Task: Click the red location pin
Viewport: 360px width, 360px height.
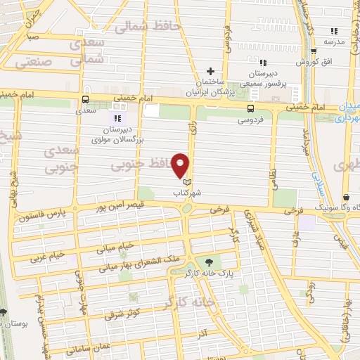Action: point(181,165)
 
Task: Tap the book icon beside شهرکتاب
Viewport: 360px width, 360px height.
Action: point(186,181)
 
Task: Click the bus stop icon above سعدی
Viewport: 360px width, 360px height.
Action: point(85,100)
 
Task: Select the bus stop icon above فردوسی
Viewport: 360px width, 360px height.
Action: point(250,108)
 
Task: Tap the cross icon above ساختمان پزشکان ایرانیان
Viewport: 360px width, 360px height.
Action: point(210,71)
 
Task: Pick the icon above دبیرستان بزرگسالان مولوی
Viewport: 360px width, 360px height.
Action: point(117,118)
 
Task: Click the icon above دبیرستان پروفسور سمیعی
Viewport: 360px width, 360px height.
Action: point(263,63)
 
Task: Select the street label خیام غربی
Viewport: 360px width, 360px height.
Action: point(47,255)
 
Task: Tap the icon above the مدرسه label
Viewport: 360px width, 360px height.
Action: point(334,31)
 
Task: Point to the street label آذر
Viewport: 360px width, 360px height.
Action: point(202,329)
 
